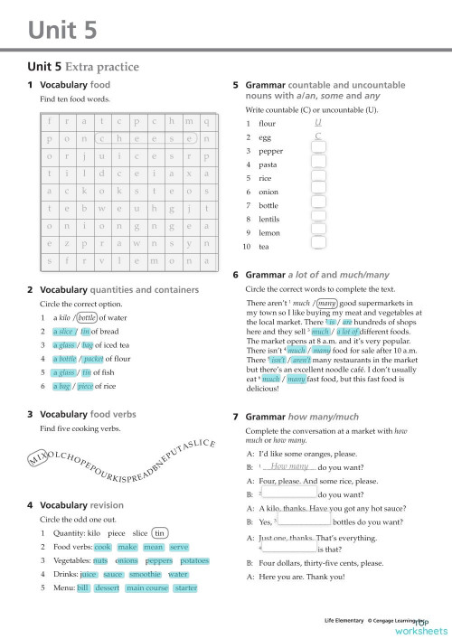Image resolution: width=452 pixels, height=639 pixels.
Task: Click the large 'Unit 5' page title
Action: coord(62,31)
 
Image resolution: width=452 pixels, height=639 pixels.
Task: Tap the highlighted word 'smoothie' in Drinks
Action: coord(145,574)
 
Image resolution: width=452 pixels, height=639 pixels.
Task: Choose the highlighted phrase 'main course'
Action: coord(146,587)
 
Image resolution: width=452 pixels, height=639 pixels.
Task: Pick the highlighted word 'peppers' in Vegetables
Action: coord(158,560)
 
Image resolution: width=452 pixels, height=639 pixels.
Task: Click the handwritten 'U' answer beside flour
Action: coord(318,122)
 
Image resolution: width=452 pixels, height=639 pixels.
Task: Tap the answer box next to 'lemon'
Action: coord(319,232)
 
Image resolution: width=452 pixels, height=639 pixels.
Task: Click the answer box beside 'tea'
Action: coord(319,246)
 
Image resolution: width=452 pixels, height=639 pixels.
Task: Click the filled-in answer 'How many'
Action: coord(289,466)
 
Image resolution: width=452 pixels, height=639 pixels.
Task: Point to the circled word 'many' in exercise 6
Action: coord(327,304)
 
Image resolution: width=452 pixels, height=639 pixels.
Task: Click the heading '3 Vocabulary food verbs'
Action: coord(86,414)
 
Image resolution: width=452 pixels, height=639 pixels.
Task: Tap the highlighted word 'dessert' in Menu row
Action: coord(107,587)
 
